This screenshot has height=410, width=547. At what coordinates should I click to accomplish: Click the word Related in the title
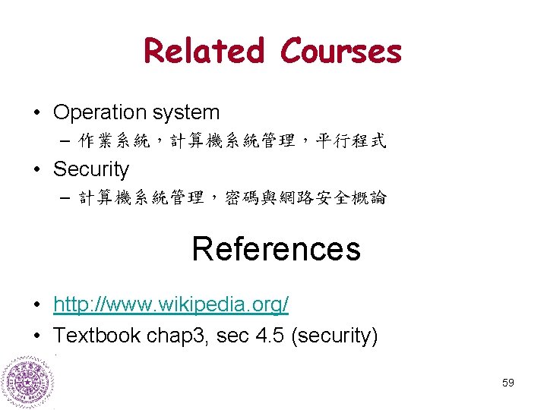pos(204,51)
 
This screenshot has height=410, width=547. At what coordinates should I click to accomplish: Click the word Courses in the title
pos(340,51)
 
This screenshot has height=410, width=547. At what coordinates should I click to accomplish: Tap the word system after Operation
pos(187,113)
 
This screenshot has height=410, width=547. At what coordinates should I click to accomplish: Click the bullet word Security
pos(91,169)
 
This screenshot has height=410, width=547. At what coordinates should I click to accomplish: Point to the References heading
pos(276,248)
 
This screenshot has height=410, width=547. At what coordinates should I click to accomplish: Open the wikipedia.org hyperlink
pos(171,305)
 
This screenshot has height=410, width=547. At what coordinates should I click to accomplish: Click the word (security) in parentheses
pos(334,336)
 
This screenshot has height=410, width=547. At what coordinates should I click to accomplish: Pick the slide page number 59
pos(508,383)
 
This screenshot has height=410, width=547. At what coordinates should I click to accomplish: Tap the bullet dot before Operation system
pos(36,113)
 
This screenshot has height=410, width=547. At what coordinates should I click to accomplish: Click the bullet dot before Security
pos(36,169)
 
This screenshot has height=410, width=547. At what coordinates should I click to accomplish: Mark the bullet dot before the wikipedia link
pos(36,306)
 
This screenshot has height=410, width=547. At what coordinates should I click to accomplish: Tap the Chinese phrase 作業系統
pos(114,140)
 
